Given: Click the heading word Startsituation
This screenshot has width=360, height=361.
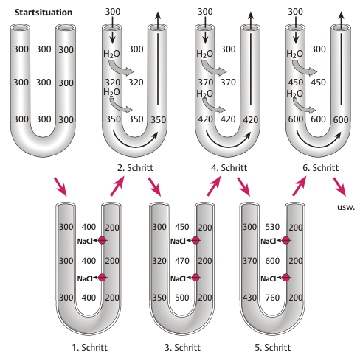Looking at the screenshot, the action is pyautogui.click(x=44, y=13).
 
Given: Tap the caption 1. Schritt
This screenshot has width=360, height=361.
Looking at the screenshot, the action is pyautogui.click(x=90, y=348).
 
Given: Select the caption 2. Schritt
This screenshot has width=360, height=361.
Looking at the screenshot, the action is pyautogui.click(x=135, y=168).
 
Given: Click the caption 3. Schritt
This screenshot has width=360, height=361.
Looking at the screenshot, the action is pyautogui.click(x=182, y=348).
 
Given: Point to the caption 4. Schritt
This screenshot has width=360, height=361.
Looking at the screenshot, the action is pyautogui.click(x=229, y=168).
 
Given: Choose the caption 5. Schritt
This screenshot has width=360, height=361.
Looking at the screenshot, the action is pyautogui.click(x=273, y=348).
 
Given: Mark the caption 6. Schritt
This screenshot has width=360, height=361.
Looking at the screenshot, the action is pyautogui.click(x=321, y=168).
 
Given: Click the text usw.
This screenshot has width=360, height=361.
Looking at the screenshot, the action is pyautogui.click(x=346, y=207).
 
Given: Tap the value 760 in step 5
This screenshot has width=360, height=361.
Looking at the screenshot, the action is pyautogui.click(x=272, y=298).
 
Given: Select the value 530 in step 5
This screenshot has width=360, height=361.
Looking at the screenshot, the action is pyautogui.click(x=272, y=227).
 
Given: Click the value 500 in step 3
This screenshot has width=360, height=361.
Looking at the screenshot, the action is pyautogui.click(x=182, y=298).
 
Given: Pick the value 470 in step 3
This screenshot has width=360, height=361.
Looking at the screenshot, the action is pyautogui.click(x=182, y=261).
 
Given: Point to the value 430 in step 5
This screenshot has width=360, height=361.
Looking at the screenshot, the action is pyautogui.click(x=249, y=298).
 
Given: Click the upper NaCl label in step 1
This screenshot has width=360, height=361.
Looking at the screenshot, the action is pyautogui.click(x=85, y=242).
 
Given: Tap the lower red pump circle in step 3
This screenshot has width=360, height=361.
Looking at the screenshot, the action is pyautogui.click(x=195, y=278).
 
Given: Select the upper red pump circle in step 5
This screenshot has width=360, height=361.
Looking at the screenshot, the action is pyautogui.click(x=285, y=240).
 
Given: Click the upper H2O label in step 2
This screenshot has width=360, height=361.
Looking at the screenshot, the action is pyautogui.click(x=111, y=54).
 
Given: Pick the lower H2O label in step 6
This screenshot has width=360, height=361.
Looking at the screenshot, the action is pyautogui.click(x=294, y=94).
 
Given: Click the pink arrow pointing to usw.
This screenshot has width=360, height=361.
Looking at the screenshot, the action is pyautogui.click(x=340, y=187).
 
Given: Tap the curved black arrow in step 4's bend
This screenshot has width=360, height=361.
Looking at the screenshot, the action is pyautogui.click(x=227, y=147).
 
